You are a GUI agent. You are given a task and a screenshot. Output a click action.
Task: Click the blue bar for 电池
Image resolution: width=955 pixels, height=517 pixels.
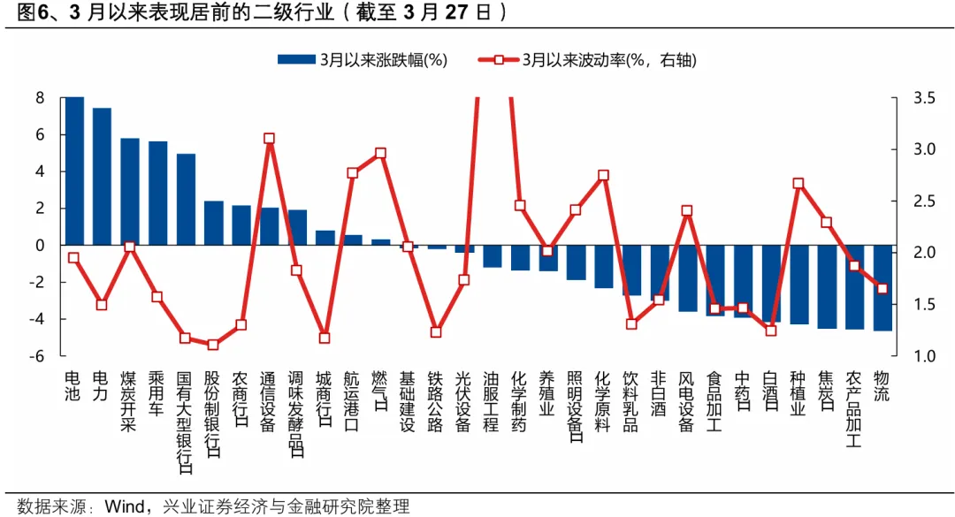[74, 171]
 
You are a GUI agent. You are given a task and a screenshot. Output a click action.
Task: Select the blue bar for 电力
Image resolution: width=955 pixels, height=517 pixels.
[102, 176]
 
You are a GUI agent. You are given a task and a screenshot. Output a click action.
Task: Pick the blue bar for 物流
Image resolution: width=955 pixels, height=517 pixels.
[882, 288]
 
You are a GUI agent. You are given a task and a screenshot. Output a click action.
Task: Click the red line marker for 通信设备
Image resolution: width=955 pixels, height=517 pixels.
[269, 139]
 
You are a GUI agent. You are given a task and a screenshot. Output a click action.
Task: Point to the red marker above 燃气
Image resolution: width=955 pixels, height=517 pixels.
[380, 153]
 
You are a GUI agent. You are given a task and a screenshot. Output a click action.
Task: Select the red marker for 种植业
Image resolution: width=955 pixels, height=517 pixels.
[798, 184]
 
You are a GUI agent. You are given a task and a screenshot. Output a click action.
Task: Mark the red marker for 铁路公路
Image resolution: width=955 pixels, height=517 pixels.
[436, 332]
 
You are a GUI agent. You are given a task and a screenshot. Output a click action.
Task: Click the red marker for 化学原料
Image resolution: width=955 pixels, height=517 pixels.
[603, 176]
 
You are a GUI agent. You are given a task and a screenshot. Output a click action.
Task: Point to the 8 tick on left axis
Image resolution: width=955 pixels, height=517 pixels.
[40, 97]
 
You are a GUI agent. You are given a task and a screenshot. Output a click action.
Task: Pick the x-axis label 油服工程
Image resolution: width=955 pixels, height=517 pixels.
[492, 401]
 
